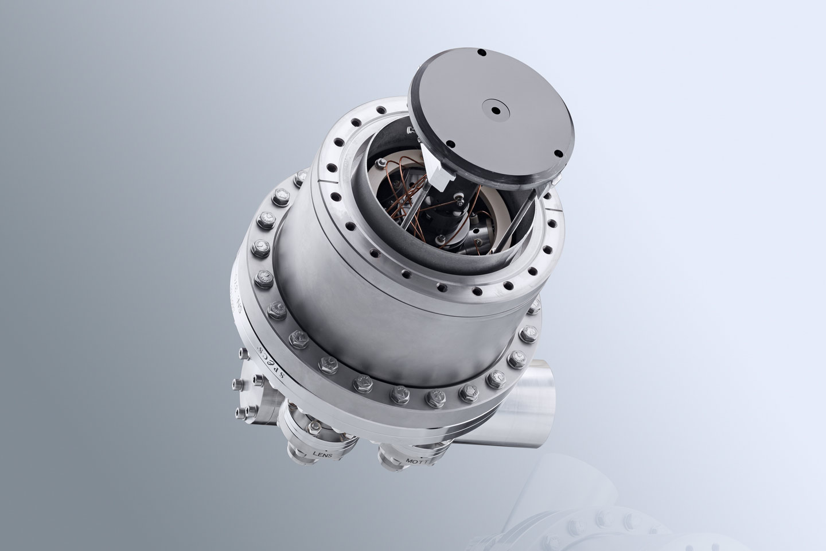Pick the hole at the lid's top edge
point(482,53)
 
